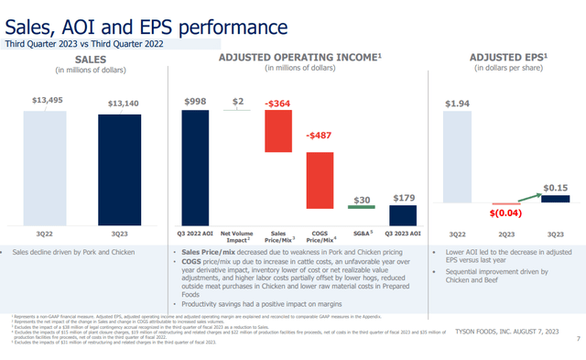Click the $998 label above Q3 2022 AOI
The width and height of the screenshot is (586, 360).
coord(196,101)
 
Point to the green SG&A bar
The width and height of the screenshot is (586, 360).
coord(362,209)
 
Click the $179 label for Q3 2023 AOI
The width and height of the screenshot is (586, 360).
coord(404,197)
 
